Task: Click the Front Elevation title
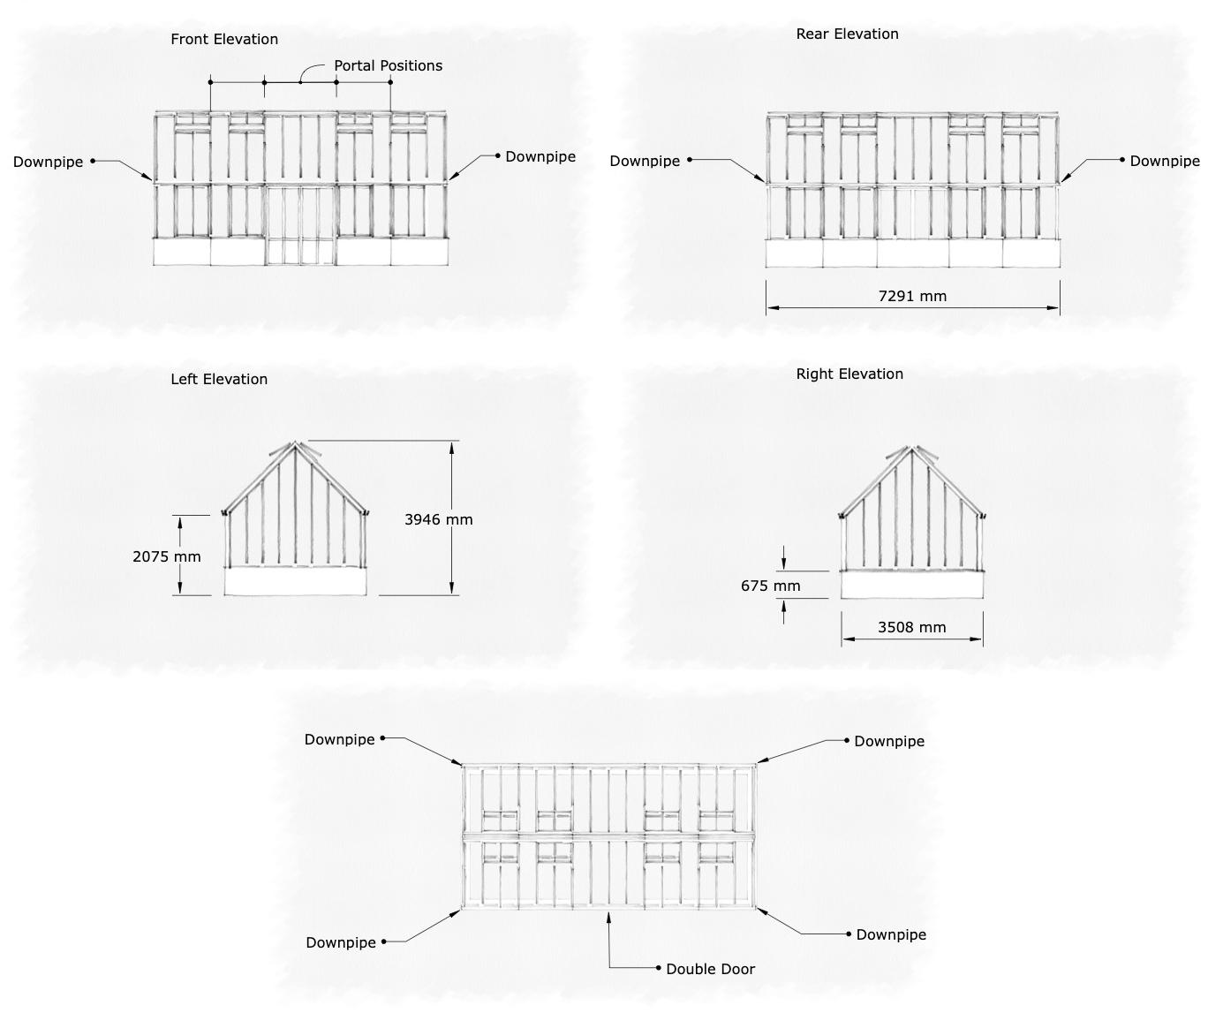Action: tap(224, 39)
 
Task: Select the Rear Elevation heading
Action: tap(847, 34)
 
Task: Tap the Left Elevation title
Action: tap(219, 379)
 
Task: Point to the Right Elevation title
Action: tap(849, 374)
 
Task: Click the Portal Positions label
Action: tap(388, 65)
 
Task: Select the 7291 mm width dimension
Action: tap(912, 296)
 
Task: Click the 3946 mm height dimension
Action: tap(439, 519)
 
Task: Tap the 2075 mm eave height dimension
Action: tap(167, 556)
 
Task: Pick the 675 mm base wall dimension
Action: tap(771, 586)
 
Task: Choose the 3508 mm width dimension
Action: tap(911, 627)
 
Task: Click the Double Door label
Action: tap(710, 969)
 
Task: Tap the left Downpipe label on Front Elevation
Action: tap(49, 162)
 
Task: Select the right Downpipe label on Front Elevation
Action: tap(540, 156)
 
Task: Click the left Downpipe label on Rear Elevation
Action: tap(645, 161)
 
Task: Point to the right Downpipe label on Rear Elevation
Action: tap(1165, 161)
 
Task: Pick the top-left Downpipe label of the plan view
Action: tap(340, 739)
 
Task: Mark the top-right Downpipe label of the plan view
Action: tap(889, 741)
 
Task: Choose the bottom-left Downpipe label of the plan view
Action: tap(341, 942)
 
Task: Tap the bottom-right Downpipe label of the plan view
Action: tap(891, 934)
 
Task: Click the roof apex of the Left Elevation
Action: tap(295, 443)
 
